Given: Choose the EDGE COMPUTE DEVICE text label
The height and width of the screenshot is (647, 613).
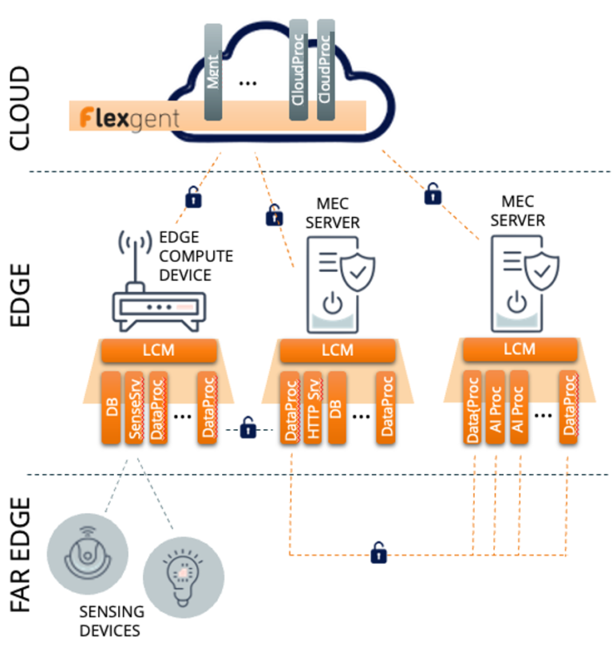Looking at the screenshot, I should (x=196, y=254).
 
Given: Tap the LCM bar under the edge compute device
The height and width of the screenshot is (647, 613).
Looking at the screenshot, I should (x=158, y=349).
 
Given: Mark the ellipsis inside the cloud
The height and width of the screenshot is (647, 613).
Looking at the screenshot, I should (x=248, y=83).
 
